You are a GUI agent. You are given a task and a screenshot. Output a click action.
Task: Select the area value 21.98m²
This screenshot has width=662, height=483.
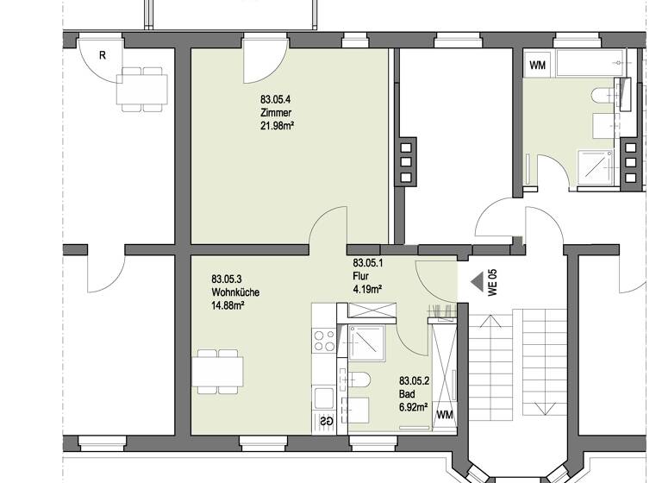tap(278, 126)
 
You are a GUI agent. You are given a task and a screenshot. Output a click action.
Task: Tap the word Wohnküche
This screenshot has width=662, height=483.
tap(234, 292)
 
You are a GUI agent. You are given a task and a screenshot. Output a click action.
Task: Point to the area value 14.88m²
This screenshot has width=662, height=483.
tap(228, 304)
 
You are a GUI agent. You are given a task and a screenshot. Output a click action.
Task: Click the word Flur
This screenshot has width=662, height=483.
tap(360, 276)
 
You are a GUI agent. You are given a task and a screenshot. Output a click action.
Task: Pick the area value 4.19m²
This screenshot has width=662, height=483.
tap(367, 289)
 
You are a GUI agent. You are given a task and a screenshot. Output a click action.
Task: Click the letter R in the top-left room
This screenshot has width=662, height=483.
tap(102, 56)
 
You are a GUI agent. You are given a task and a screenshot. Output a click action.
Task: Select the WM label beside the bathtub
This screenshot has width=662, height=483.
tap(537, 65)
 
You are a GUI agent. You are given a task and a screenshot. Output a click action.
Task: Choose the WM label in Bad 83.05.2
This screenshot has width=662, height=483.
tap(445, 415)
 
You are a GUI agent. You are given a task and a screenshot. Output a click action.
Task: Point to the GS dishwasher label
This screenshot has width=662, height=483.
tap(327, 421)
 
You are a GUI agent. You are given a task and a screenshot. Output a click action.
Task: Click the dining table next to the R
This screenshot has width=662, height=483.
tap(142, 88)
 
